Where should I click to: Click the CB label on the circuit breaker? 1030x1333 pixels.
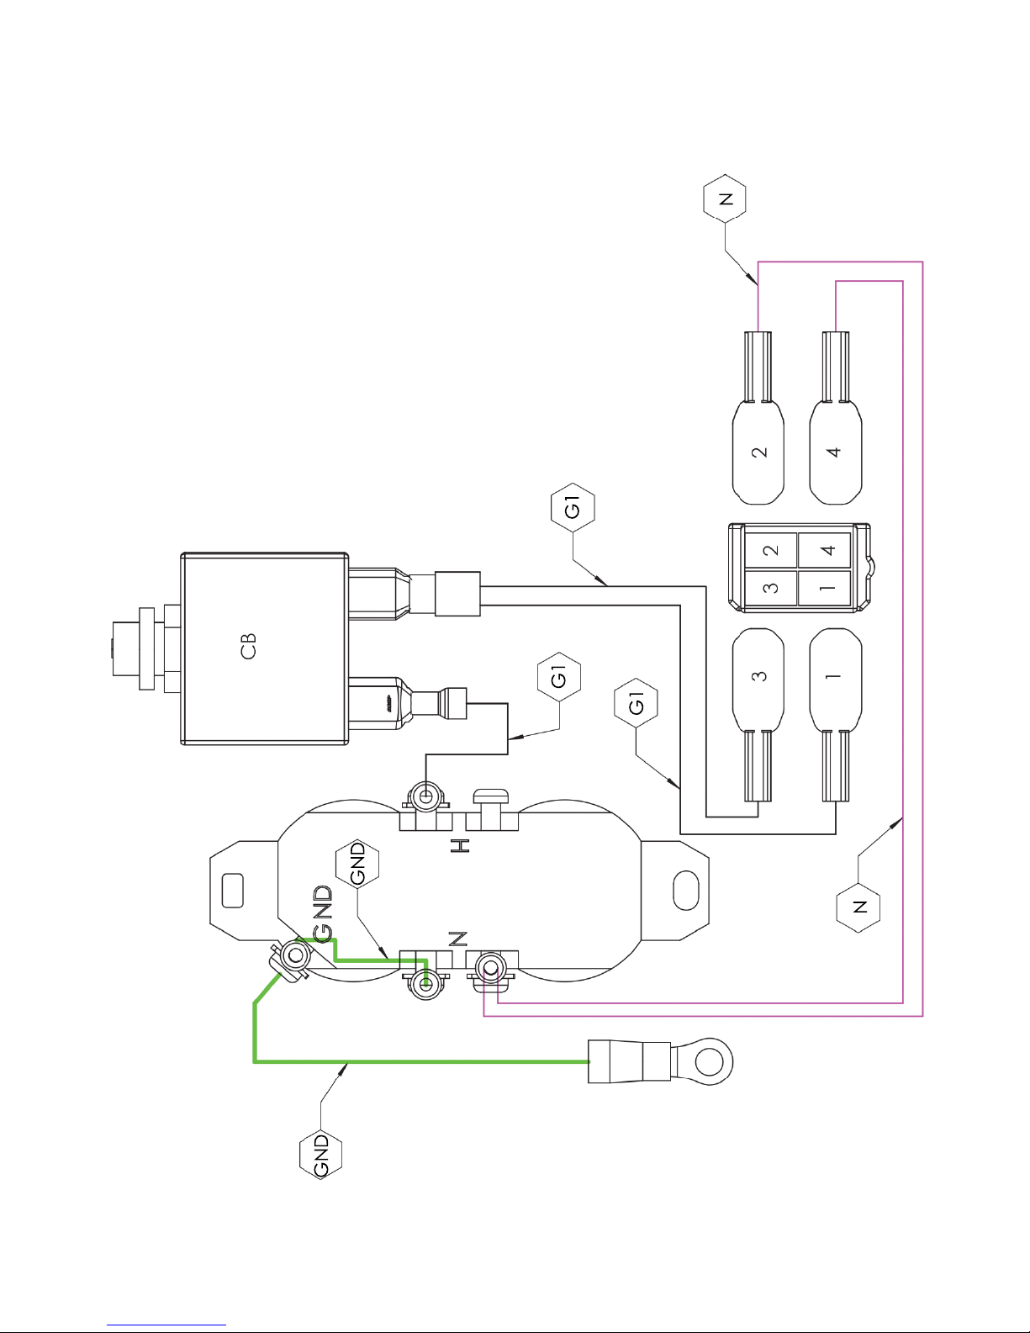[x=248, y=647]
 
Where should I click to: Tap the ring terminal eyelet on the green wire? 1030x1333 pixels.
[x=710, y=1061]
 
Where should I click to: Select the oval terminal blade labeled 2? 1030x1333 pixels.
[x=758, y=452]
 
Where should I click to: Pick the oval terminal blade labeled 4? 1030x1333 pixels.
[x=835, y=452]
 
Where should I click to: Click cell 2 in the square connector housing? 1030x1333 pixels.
[x=771, y=550]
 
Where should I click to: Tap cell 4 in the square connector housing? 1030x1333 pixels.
[x=825, y=550]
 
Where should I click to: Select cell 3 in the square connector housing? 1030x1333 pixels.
[x=771, y=588]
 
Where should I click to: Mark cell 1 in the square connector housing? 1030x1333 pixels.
[x=825, y=588]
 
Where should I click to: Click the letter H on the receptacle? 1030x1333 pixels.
[x=460, y=845]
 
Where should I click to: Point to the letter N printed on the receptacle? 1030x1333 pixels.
[x=458, y=939]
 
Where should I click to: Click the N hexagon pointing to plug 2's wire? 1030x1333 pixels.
[x=725, y=198]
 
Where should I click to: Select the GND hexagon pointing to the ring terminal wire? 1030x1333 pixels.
[x=320, y=1156]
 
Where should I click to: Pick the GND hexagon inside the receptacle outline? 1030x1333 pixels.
[x=357, y=864]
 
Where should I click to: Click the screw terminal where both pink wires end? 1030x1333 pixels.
[x=490, y=969]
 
